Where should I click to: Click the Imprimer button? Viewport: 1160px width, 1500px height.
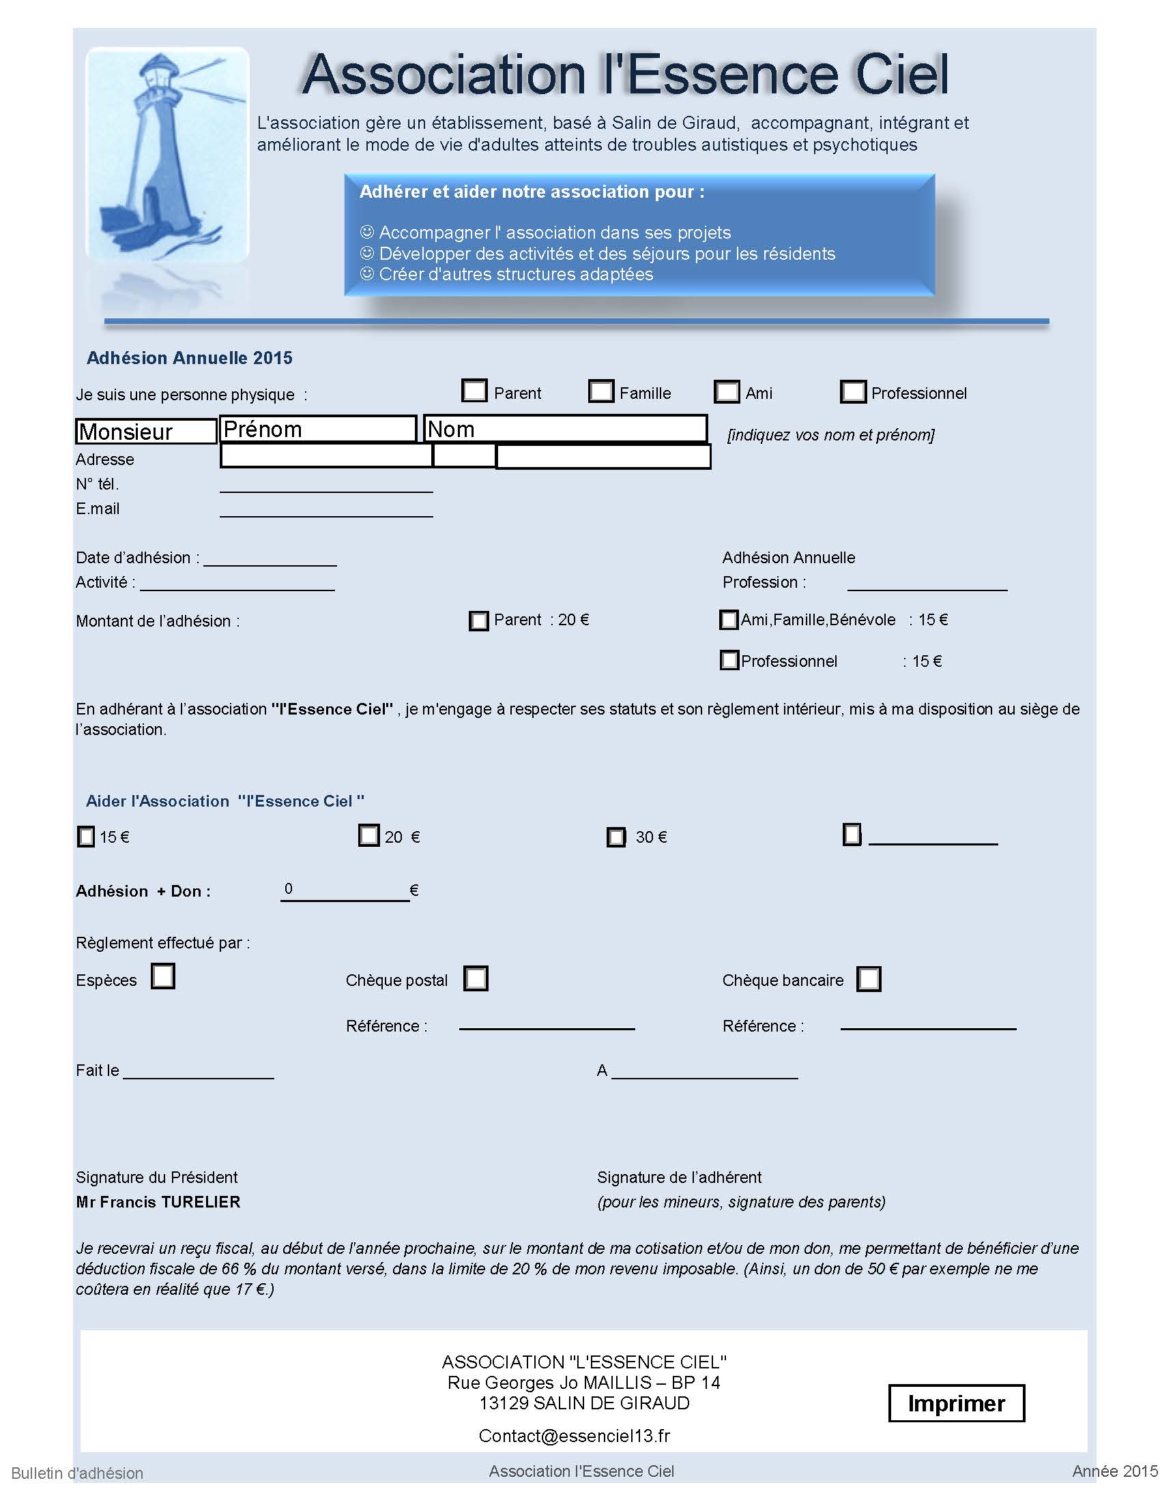click(955, 1403)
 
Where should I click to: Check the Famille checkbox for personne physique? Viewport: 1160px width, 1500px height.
click(600, 391)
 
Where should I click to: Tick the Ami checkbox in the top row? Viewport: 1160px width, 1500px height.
click(727, 391)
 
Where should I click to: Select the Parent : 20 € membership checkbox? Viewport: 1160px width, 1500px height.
click(478, 621)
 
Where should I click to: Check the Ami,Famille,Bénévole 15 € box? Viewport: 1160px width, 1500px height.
click(729, 620)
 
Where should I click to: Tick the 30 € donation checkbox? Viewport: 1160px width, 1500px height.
click(615, 837)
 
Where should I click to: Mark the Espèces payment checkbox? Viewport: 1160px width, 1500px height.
click(163, 976)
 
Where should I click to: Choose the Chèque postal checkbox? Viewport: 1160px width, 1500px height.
click(476, 978)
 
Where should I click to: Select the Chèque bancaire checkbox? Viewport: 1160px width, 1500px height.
click(869, 978)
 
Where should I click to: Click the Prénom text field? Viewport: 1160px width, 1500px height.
click(318, 430)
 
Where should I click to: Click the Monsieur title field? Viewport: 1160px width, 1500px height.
click(146, 432)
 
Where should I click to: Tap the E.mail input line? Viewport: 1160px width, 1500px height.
click(325, 509)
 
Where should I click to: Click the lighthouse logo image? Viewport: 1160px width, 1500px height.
click(167, 155)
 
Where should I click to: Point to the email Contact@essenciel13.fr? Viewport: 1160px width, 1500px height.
click(574, 1436)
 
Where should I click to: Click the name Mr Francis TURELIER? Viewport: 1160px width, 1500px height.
click(158, 1202)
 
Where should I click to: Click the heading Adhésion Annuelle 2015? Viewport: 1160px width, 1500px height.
click(190, 358)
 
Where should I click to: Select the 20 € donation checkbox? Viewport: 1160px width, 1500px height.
click(369, 835)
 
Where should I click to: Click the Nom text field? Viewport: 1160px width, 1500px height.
click(565, 430)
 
